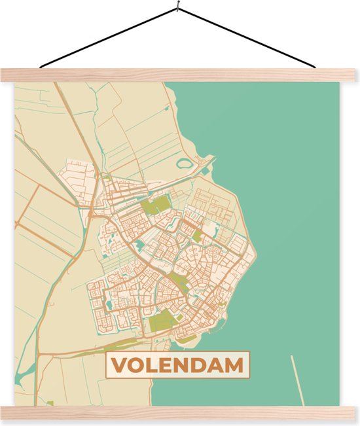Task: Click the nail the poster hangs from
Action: coord(177,8)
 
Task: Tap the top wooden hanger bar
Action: coord(180,75)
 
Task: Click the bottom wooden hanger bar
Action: coord(180,412)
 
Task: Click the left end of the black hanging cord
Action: coord(41,66)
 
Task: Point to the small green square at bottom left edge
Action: coord(50,403)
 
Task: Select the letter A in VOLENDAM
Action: coord(216,366)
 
